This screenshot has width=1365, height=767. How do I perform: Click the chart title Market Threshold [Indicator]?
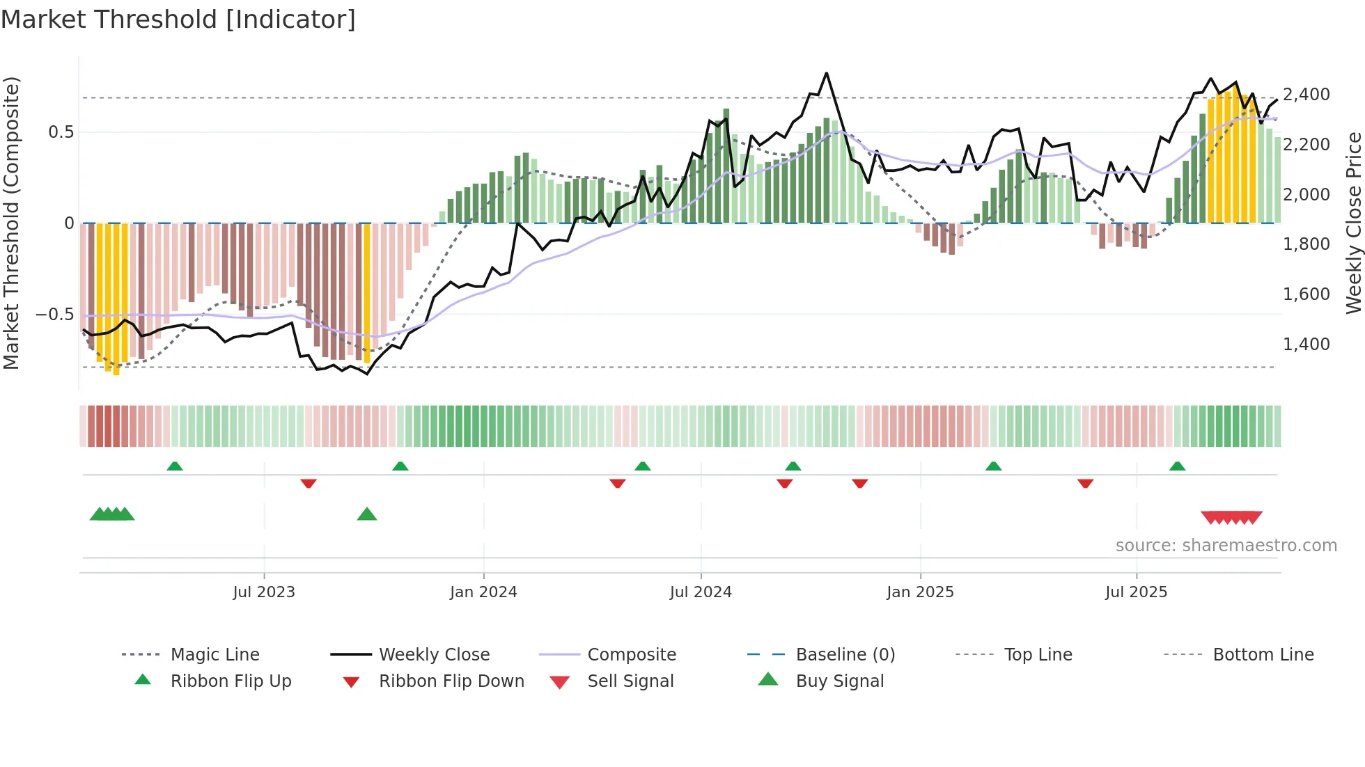click(178, 19)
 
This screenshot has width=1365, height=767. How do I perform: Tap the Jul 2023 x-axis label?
click(264, 592)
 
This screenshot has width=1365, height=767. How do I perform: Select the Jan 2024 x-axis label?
click(483, 592)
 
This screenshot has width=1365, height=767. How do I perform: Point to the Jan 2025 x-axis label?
click(920, 592)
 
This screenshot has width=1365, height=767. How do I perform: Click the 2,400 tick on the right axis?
click(1306, 95)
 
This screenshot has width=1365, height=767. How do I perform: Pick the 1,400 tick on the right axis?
click(1306, 345)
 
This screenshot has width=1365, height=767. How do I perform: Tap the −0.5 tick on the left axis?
click(54, 315)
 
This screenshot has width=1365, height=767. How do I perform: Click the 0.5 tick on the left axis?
click(61, 132)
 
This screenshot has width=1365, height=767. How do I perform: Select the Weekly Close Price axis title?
click(1353, 223)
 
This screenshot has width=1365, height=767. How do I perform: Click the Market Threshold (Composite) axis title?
click(11, 223)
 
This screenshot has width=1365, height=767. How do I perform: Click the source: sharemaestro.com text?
click(1226, 546)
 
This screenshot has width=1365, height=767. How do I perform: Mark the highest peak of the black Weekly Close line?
click(827, 73)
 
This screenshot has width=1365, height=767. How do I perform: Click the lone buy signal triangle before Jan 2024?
click(367, 514)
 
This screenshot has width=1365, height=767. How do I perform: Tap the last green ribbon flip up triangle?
click(1177, 466)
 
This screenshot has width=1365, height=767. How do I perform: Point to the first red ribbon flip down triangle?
click(309, 483)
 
